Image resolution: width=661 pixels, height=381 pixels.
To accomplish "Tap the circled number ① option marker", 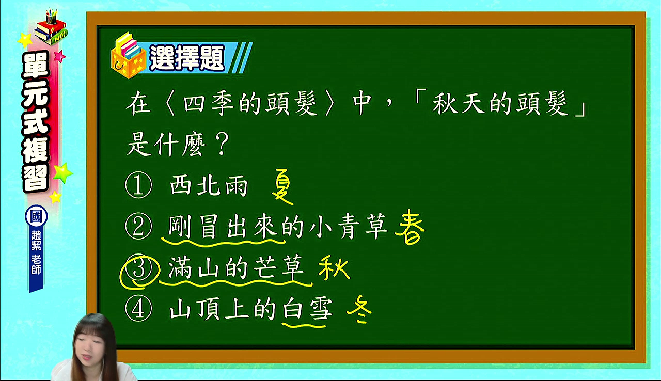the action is coord(139,185).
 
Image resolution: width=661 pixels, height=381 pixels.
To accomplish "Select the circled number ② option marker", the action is coord(139,226).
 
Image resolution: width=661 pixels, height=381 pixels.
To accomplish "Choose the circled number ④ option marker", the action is coord(139,308).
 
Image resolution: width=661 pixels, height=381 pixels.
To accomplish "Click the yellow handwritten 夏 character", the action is coord(282,187).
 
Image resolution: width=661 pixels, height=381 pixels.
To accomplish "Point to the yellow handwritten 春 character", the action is coord(410,227).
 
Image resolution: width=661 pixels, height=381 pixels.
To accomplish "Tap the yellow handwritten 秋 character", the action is coord(334,269).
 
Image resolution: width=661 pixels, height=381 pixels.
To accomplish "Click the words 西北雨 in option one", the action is coord(209,186).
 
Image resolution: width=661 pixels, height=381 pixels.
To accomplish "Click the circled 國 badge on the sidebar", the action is coord(36,217).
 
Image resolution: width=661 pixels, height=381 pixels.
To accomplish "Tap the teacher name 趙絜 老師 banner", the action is coord(36,257).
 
